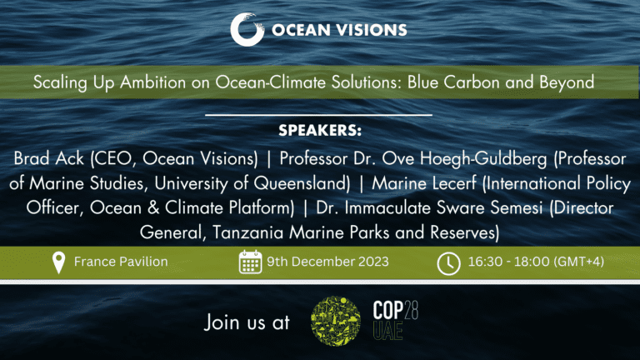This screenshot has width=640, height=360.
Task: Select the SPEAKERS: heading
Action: point(320,131)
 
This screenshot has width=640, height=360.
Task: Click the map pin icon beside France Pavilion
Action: point(59,262)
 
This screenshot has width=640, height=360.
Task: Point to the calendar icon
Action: point(250,262)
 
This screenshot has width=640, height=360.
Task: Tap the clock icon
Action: point(448,263)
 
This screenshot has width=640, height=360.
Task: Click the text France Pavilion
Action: point(121,262)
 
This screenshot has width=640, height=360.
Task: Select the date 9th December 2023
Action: point(327,262)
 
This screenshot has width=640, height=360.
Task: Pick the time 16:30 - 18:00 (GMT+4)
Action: point(536,262)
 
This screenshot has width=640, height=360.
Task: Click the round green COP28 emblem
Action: point(336,321)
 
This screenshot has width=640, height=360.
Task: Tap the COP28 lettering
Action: point(396,311)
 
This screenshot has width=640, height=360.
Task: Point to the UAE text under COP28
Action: point(387,331)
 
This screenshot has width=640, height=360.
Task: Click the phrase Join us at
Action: point(247,322)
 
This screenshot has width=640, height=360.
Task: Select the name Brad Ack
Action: point(48,158)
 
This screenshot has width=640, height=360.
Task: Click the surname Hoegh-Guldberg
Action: point(483,159)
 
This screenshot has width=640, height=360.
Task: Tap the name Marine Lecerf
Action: point(424,183)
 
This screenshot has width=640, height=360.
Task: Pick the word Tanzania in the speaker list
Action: point(247,232)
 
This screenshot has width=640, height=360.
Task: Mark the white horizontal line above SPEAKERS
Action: point(318,115)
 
